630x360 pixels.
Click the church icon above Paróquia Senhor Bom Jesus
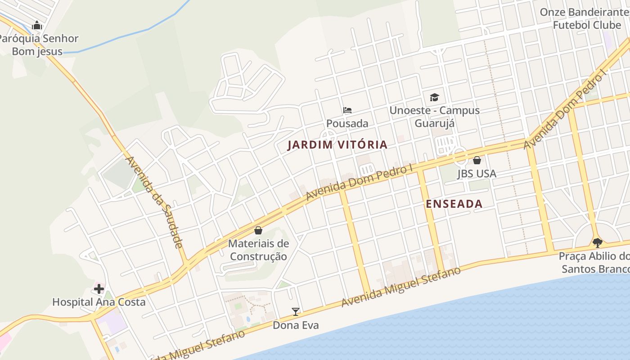(x=37, y=25)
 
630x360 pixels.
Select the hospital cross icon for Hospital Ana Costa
(x=99, y=288)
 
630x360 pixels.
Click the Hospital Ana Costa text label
(x=99, y=302)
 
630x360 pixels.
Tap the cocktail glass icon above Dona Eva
(x=295, y=311)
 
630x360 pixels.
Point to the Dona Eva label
(x=296, y=325)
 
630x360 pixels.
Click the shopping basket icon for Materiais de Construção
(x=258, y=230)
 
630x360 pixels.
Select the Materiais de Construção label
(x=258, y=250)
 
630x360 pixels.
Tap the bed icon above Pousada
(x=347, y=110)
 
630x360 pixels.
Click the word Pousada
(x=347, y=123)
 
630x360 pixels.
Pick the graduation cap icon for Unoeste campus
(x=434, y=97)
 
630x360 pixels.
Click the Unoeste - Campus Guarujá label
(x=434, y=117)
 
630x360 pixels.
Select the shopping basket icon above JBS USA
(x=477, y=160)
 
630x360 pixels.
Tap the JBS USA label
(x=477, y=174)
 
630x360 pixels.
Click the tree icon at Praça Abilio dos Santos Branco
(x=597, y=243)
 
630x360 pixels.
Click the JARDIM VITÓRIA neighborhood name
(x=337, y=144)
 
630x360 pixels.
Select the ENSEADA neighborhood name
(x=454, y=204)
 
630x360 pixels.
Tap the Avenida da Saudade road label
(x=154, y=202)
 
